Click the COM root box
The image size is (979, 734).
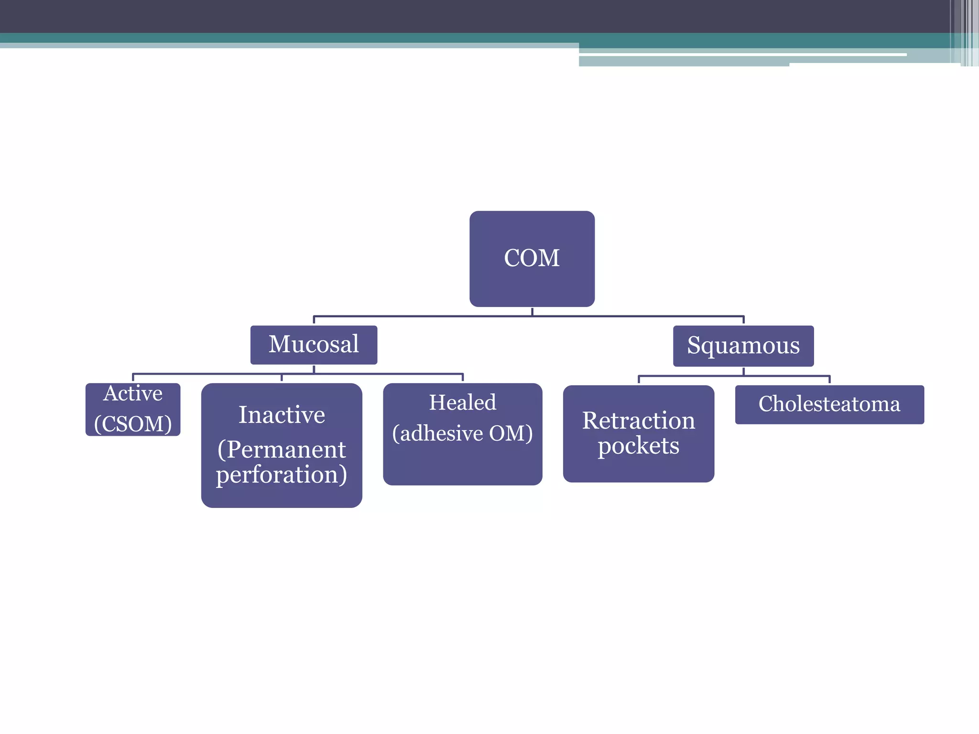[532, 259]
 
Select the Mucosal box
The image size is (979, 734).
[314, 345]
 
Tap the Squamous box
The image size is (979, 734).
[743, 345]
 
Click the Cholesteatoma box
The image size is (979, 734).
[829, 404]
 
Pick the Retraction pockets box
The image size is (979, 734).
[638, 433]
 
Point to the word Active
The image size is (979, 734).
[133, 394]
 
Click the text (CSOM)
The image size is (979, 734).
[133, 424]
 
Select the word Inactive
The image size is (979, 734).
[282, 415]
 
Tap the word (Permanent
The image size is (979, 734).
[282, 450]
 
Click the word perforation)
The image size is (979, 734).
[282, 475]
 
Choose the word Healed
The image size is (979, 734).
[462, 402]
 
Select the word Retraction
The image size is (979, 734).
[638, 421]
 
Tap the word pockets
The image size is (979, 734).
[638, 446]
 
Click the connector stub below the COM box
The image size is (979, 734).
[532, 312]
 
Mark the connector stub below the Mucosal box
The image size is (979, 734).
[314, 369]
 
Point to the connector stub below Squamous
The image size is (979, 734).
[743, 371]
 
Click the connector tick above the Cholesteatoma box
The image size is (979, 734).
[829, 379]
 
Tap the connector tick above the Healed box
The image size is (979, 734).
[463, 378]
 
